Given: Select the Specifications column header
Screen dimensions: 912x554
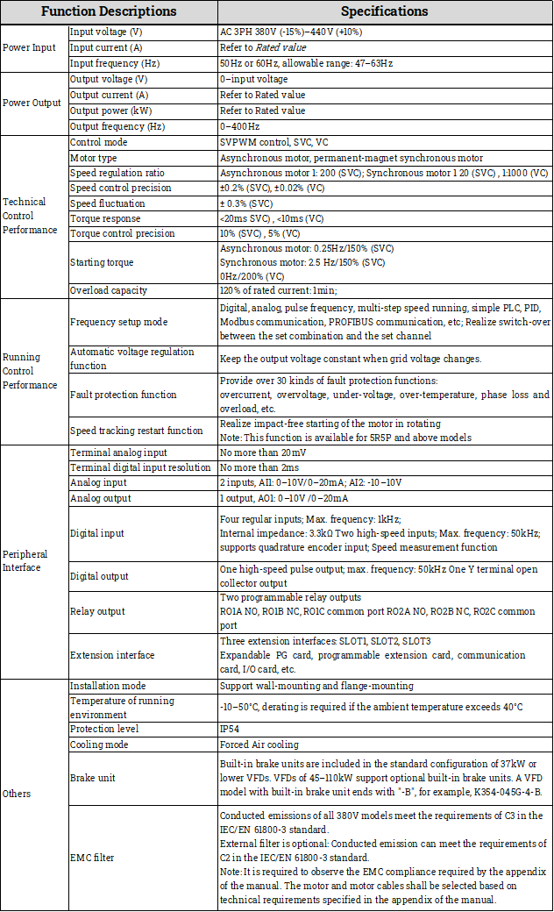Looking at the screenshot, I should pos(384,11).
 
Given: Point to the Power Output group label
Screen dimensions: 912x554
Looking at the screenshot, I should pos(32,103).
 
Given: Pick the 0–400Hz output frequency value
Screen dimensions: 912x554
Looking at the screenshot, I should pos(238,126).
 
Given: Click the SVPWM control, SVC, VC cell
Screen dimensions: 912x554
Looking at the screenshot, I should pos(273,142).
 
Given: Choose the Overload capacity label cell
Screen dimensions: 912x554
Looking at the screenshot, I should pos(109,290).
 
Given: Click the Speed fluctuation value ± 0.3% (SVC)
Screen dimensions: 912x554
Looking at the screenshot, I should pos(252,203).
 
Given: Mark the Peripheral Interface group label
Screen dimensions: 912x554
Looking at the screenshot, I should pos(25,560).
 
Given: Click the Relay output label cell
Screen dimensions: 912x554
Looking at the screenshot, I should pos(97,611).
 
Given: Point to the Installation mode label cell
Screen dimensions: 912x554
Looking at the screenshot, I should pos(107,685).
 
